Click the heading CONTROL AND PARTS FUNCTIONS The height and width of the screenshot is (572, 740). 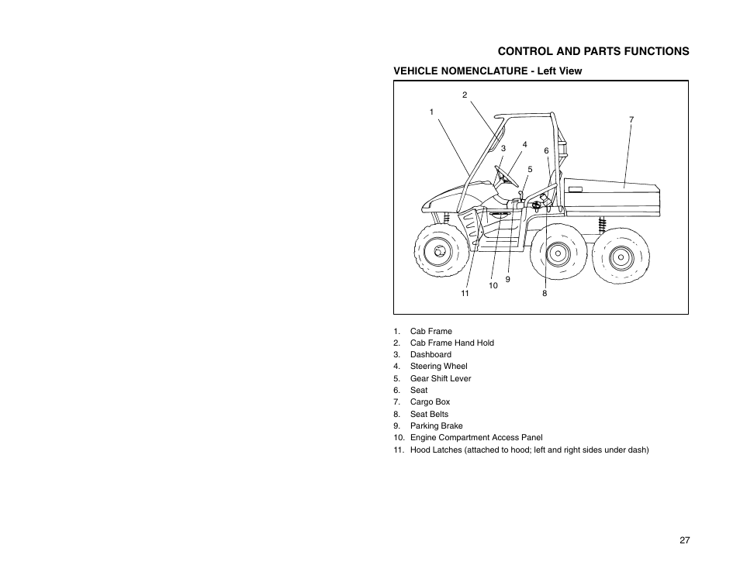click(x=593, y=51)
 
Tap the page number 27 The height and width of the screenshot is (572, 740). click(x=684, y=540)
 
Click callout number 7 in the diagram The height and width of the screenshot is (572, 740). click(x=631, y=119)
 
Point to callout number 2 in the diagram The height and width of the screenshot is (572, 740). click(x=465, y=95)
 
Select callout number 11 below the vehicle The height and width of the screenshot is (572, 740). click(x=465, y=294)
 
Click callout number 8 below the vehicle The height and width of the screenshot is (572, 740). click(x=545, y=294)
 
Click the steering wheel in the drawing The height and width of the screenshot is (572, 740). click(x=506, y=175)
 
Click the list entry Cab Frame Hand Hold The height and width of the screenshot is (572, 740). click(x=451, y=343)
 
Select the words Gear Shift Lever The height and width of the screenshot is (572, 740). click(x=441, y=378)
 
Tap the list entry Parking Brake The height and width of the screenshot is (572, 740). click(x=436, y=426)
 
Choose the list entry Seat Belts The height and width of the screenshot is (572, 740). click(x=429, y=414)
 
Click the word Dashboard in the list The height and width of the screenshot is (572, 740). click(x=431, y=354)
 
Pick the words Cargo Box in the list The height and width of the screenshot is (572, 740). click(x=430, y=401)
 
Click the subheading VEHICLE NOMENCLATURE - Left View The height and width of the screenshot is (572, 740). click(x=487, y=71)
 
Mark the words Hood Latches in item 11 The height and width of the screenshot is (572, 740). click(x=436, y=450)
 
